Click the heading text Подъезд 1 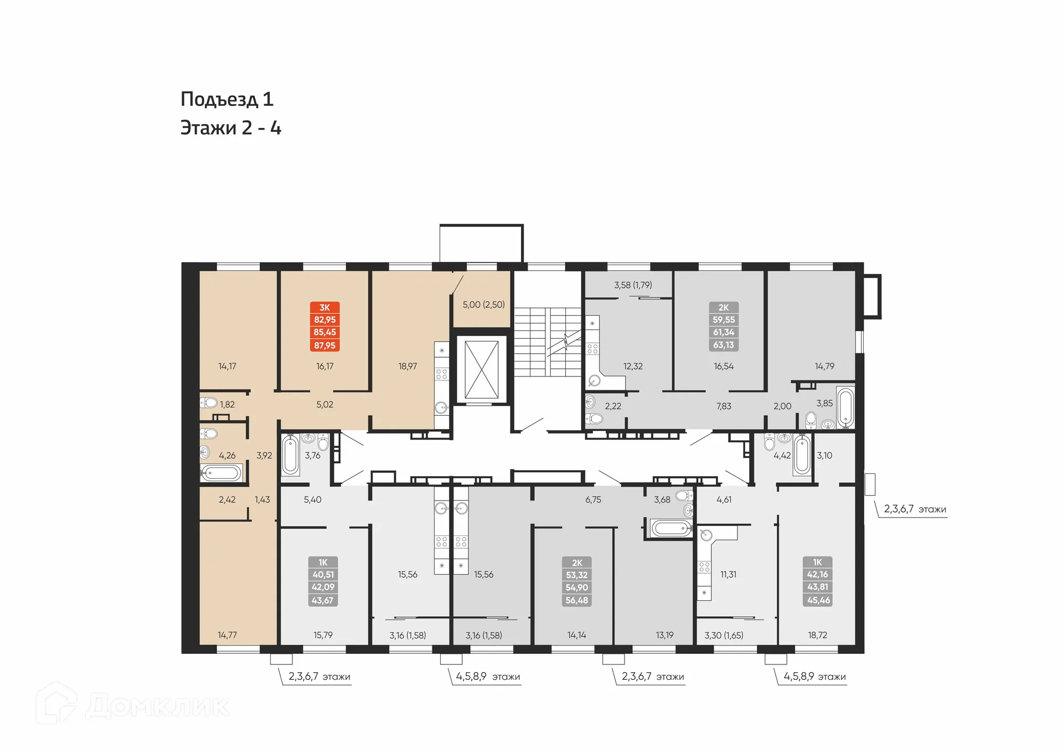227,99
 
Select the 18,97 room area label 407,366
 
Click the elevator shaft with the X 481,369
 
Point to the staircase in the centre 547,342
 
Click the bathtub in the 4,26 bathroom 221,473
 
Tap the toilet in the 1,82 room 209,403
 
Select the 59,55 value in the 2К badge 724,319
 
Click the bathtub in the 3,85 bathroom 845,408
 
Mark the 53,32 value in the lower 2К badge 576,575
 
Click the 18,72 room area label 817,635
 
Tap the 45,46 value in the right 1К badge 818,600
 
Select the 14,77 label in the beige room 227,635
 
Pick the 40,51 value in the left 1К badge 323,575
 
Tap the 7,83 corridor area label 724,406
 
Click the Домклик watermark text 157,706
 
